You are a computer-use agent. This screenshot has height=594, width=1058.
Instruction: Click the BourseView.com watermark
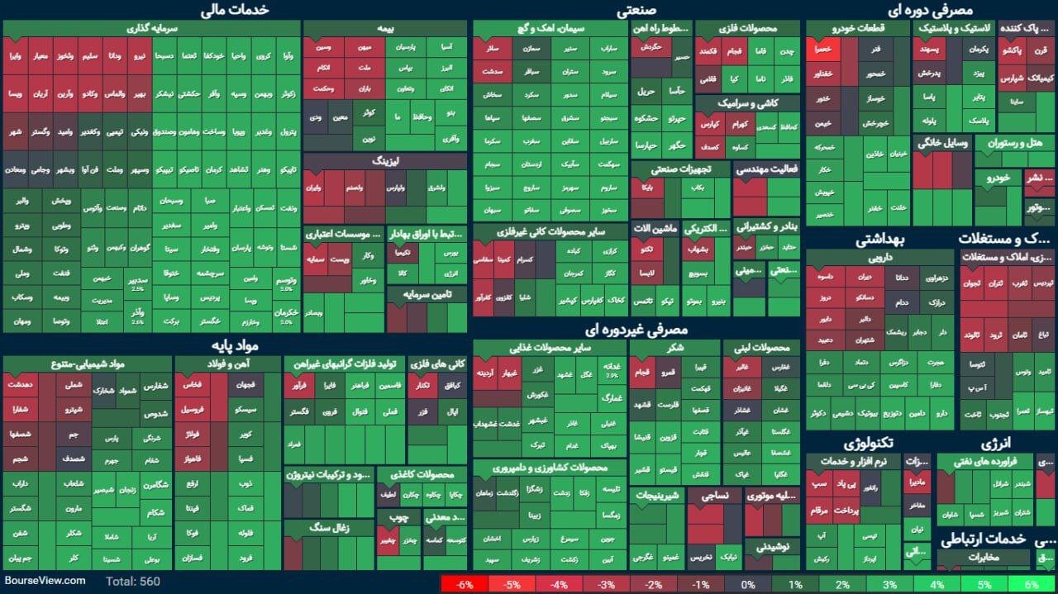[x=45, y=581]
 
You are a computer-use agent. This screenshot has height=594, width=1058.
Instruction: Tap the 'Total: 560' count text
[x=132, y=582]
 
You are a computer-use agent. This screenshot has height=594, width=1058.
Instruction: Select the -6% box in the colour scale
[x=464, y=585]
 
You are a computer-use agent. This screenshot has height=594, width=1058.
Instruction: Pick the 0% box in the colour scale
[x=748, y=585]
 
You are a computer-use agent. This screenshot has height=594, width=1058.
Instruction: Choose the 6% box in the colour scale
[x=1032, y=585]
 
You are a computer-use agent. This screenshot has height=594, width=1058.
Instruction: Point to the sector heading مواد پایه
[x=240, y=344]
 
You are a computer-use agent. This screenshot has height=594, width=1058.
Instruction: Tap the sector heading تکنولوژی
[x=868, y=444]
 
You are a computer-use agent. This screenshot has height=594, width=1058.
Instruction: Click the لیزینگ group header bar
[x=384, y=161]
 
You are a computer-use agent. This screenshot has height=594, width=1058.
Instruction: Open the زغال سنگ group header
[x=329, y=526]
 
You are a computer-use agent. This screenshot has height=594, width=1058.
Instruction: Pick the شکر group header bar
[x=674, y=348]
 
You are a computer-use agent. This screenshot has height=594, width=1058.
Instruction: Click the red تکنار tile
[x=422, y=386]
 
